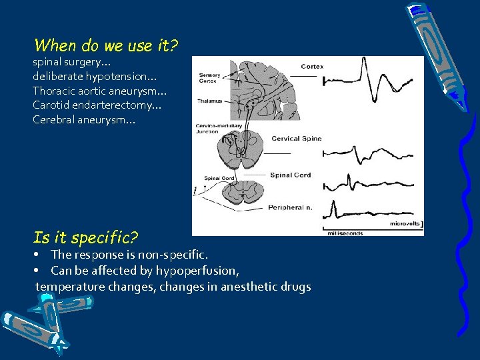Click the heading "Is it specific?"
pos(85,237)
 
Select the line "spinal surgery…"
pos(67,62)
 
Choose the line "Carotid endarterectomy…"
pos(97,105)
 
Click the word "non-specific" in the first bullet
pos(180,255)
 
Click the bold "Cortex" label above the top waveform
pos(312,67)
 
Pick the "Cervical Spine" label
pos(297,139)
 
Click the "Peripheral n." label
pos(290,208)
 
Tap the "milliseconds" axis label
pos(345,233)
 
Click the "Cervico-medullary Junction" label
pos(212,129)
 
